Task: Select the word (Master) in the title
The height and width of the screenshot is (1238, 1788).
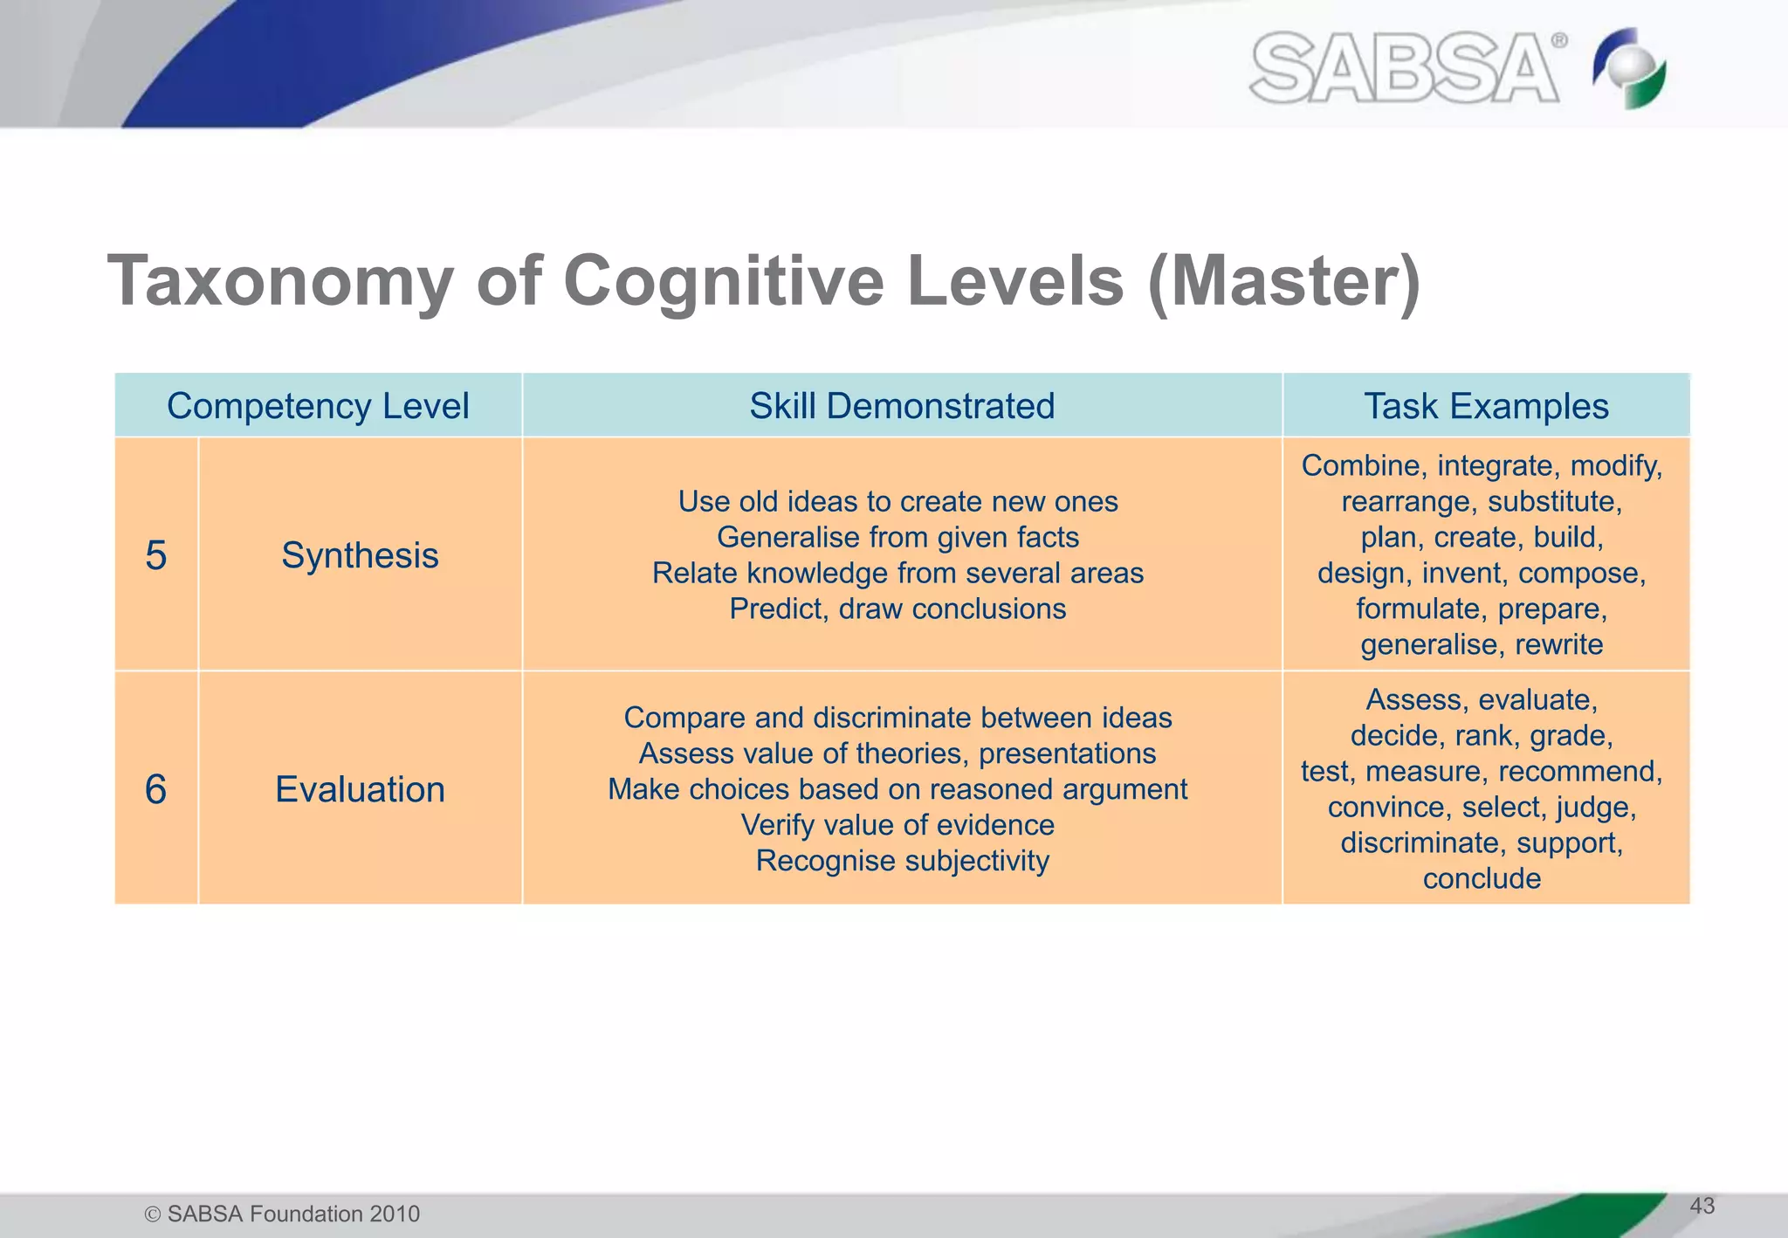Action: pyautogui.click(x=1284, y=281)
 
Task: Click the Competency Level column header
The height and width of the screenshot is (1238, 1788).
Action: pyautogui.click(x=318, y=406)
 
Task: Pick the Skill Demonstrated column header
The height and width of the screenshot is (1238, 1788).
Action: pyautogui.click(x=902, y=406)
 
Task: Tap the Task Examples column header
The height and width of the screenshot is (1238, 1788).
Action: pyautogui.click(x=1486, y=406)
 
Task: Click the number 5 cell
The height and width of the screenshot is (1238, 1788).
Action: pyautogui.click(x=156, y=555)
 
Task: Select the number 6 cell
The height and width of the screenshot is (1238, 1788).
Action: pyautogui.click(x=156, y=789)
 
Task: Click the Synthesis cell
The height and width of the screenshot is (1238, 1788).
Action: pyautogui.click(x=360, y=555)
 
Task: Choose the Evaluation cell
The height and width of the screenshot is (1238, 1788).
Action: pyautogui.click(x=360, y=789)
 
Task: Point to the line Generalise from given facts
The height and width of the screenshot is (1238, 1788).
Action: pyautogui.click(x=897, y=537)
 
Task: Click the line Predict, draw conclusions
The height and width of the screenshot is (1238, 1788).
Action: pyautogui.click(x=897, y=609)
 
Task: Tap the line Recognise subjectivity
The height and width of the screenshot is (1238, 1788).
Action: pyautogui.click(x=902, y=861)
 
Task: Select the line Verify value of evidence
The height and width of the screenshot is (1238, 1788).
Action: pyautogui.click(x=897, y=825)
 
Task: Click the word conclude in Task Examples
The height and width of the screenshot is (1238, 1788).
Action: pyautogui.click(x=1482, y=878)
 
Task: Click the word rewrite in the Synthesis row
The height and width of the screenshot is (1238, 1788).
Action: pyautogui.click(x=1558, y=644)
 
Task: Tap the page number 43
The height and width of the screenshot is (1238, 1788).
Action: pyautogui.click(x=1702, y=1206)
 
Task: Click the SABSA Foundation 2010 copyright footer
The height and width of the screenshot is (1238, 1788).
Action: pyautogui.click(x=282, y=1214)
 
